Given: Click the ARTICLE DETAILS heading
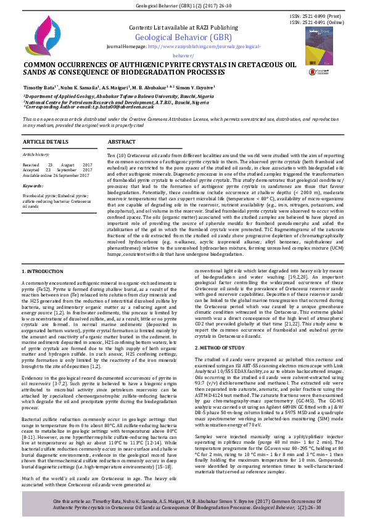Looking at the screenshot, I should point(46,142).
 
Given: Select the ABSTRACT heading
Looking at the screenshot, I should point(122,142).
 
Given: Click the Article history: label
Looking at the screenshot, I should point(36,154).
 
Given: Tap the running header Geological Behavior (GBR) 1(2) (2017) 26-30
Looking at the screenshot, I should point(183,6).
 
